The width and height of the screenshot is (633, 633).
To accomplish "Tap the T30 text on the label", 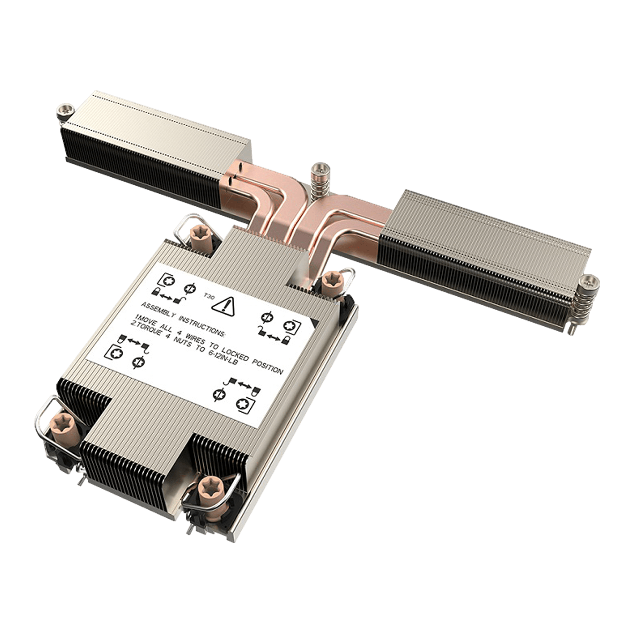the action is (209, 296).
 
